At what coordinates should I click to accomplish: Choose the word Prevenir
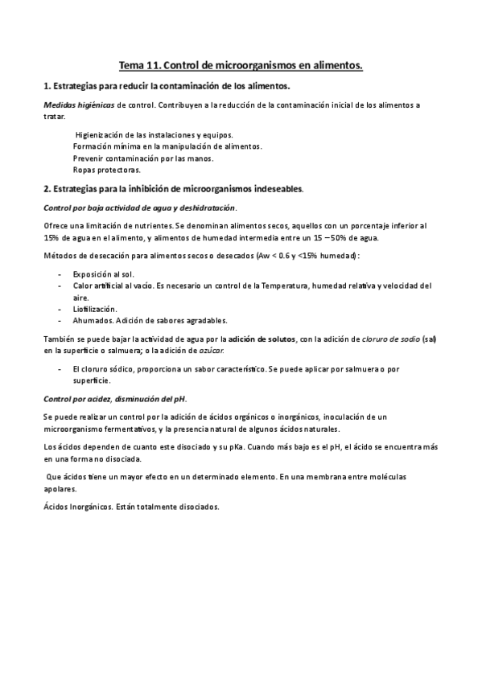pos(89,158)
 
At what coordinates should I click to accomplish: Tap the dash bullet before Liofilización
pos(61,309)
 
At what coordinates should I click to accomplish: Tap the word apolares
pos(60,489)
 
